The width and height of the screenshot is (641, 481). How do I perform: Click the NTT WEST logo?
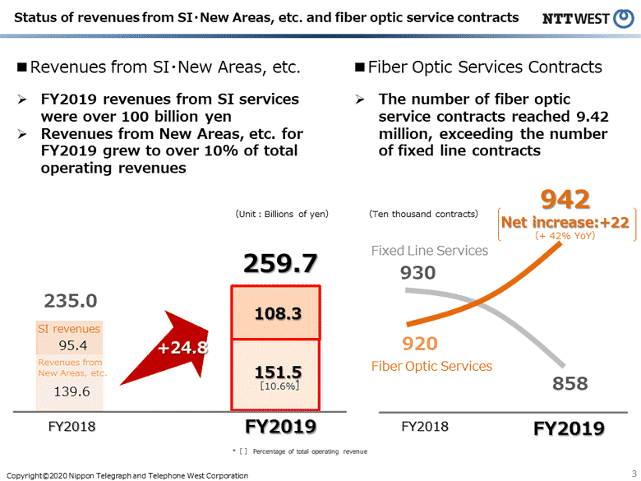588,17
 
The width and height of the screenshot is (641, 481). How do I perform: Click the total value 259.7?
279,263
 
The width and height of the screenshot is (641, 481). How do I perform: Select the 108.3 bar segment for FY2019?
276,313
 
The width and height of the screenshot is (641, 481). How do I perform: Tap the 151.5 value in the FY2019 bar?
276,372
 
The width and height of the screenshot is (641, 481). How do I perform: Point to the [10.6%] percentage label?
276,385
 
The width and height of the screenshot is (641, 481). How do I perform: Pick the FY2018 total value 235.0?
71,301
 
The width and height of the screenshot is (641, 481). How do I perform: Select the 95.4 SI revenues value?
71,345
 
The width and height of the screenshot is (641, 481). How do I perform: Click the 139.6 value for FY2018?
71,391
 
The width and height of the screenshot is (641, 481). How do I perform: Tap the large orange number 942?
565,199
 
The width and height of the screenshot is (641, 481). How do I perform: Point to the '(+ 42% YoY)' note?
565,235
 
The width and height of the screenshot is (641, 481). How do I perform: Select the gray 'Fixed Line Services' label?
429,250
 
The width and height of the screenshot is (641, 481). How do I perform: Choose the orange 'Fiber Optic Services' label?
431,366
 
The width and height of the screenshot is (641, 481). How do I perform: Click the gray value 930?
418,272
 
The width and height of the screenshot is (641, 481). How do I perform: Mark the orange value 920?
419,344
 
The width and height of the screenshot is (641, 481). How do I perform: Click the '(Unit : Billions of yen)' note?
282,214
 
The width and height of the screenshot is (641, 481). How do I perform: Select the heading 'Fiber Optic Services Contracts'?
485,67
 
